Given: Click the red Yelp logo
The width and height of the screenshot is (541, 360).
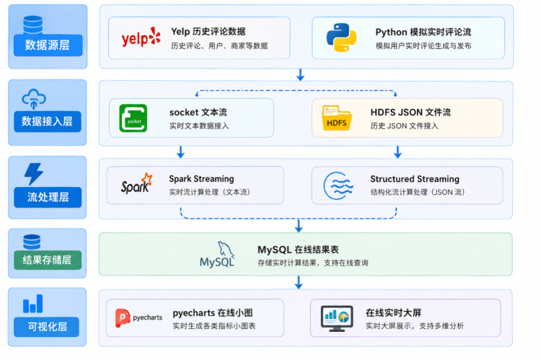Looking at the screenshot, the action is click(141, 38).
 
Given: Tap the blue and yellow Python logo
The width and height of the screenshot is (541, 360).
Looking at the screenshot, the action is click(341, 38).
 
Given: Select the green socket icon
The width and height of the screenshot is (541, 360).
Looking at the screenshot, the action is click(133, 118).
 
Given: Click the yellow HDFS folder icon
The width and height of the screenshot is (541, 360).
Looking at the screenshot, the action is click(336, 118).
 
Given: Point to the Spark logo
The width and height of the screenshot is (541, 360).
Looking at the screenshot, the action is click(136, 183).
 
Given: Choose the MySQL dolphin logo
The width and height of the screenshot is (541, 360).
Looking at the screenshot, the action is click(217, 255).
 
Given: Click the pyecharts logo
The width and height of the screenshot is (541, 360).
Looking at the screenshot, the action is click(138, 317).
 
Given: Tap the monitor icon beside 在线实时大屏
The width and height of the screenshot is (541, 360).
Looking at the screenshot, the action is click(337, 318).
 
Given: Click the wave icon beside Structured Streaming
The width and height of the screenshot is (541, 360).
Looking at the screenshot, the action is click(338, 185).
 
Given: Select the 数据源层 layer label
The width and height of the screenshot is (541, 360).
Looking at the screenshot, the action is click(48, 45).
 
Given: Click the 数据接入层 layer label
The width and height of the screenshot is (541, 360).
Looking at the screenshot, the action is click(48, 121).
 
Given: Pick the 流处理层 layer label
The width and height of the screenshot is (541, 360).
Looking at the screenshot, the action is click(48, 197).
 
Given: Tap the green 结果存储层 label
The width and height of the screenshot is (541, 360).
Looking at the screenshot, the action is click(48, 260).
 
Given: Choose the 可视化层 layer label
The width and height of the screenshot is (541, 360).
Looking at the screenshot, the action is click(47, 327).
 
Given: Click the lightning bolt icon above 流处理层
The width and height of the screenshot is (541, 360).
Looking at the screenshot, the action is click(33, 174).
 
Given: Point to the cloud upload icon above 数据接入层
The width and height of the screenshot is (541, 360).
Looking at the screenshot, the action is click(34, 99).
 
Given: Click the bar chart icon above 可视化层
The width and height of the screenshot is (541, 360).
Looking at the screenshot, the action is click(32, 304).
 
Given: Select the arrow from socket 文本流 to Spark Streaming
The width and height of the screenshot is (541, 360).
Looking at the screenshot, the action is click(180, 152).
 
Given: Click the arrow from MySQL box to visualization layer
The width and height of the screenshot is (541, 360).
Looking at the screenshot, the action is click(299, 282).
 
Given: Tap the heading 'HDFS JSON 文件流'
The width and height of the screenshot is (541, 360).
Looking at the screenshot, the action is click(410, 112).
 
